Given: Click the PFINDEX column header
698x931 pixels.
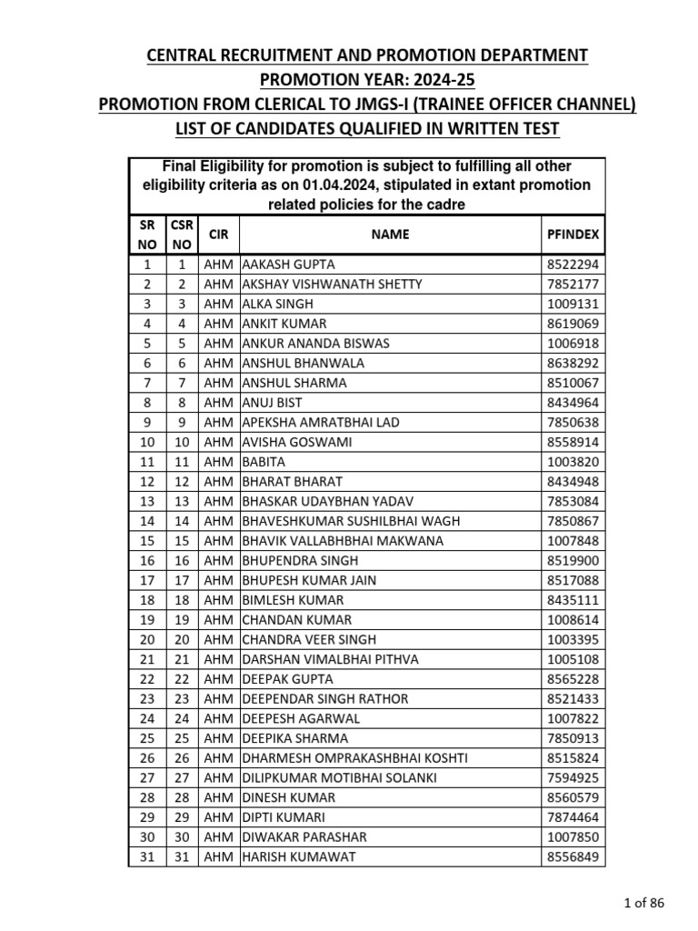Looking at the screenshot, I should [573, 234].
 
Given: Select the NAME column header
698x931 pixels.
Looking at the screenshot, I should [390, 234].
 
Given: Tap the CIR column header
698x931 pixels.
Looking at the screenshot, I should [219, 234].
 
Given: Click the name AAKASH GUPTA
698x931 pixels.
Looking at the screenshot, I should [288, 265].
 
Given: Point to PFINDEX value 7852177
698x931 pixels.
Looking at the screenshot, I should [573, 284].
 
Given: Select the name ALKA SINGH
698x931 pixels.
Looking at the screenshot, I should [276, 304].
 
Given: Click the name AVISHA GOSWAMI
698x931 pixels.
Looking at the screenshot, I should [296, 442].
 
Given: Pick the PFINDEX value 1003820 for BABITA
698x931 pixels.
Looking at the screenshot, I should [573, 462].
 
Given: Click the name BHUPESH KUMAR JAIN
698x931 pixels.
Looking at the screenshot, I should [309, 580].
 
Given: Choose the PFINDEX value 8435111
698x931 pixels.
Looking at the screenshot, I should [573, 600].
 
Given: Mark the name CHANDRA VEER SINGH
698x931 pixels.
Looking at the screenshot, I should [309, 639].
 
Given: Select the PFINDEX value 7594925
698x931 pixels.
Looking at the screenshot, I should [573, 777].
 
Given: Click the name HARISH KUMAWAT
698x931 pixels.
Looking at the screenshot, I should [298, 856].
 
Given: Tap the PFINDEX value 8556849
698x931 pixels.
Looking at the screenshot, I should [573, 856].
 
